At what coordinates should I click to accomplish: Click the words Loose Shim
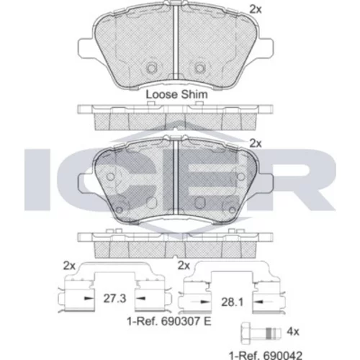point(177,94)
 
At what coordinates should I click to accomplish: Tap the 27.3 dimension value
point(114,299)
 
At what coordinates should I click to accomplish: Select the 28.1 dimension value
point(233,302)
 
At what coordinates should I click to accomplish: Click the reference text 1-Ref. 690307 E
point(169,321)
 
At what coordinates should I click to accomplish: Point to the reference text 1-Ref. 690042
point(266,354)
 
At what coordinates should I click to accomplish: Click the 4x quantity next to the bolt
point(293,332)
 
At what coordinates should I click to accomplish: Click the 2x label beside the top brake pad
point(256,9)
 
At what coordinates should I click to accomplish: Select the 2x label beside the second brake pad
point(256,143)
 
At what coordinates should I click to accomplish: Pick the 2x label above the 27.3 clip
point(69,266)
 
